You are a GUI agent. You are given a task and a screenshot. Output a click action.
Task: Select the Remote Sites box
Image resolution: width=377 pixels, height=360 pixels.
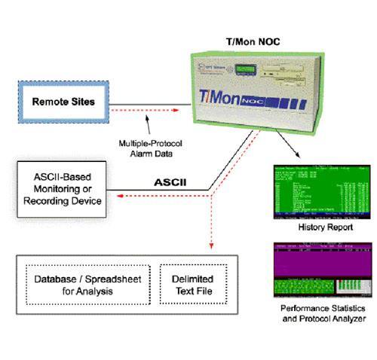[63, 101]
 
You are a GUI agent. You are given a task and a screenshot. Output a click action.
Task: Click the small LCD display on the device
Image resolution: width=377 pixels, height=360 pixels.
[246, 70]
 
